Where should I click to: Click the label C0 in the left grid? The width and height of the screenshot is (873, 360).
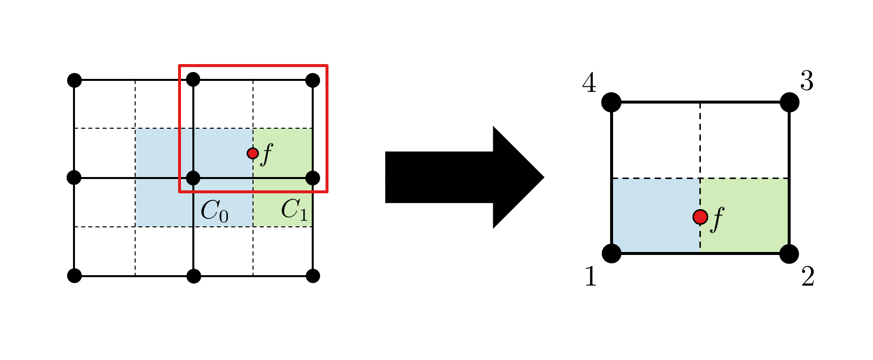(214, 211)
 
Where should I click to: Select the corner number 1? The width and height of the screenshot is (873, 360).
(590, 276)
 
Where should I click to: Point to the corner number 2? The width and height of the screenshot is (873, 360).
(807, 277)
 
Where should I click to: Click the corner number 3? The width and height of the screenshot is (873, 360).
(806, 81)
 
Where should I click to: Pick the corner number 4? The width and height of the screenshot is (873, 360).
(589, 83)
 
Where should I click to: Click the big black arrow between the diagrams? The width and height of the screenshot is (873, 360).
(464, 178)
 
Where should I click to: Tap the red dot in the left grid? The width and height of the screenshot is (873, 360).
(253, 153)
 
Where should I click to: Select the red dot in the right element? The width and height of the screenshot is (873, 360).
(700, 216)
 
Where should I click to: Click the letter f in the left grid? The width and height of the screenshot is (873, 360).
(267, 154)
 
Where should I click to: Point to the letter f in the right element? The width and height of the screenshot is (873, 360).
(718, 218)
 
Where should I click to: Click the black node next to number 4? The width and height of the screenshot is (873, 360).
(611, 102)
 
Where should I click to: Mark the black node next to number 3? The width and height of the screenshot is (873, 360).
(789, 102)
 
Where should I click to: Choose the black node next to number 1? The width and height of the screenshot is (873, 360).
(612, 253)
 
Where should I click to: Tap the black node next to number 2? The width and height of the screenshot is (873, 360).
(789, 253)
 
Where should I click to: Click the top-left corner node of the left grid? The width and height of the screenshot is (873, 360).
(74, 80)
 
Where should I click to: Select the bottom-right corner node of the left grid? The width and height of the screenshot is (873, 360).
(313, 276)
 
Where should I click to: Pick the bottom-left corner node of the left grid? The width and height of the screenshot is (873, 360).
(74, 276)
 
